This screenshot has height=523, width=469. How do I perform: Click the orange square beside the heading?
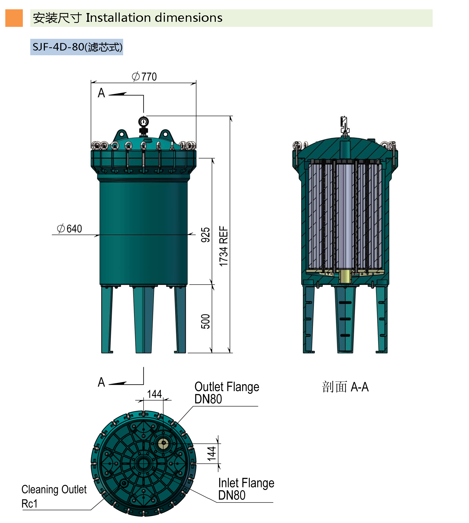tap(14, 18)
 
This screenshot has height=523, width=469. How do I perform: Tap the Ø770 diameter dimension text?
tap(144, 77)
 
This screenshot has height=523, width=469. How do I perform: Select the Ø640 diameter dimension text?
tap(70, 229)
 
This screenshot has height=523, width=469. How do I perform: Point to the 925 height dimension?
tap(205, 235)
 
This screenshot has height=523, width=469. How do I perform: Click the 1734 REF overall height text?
tap(223, 246)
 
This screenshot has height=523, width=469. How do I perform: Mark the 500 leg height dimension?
tap(205, 322)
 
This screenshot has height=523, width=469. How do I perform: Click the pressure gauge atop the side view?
tap(143, 122)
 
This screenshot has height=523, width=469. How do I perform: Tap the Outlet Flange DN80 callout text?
tap(227, 393)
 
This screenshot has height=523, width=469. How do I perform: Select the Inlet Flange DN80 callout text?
tap(246, 489)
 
